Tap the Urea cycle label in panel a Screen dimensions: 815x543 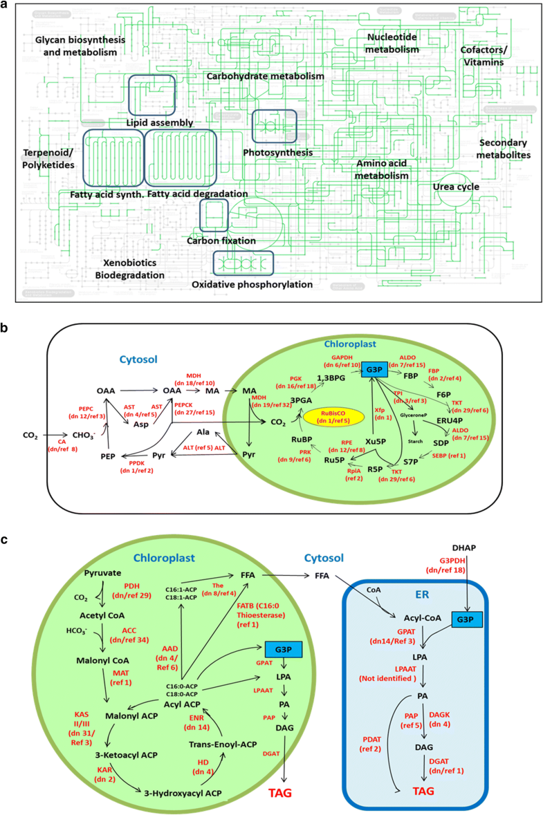click(456, 187)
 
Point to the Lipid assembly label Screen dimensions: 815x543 click(159, 123)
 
